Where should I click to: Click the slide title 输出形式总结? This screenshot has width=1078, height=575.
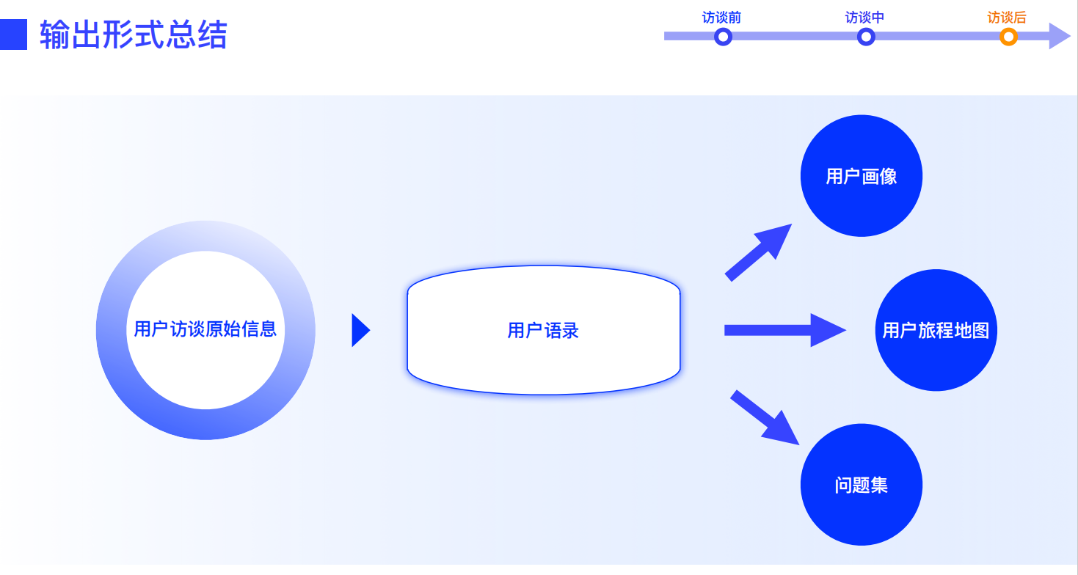click(x=134, y=34)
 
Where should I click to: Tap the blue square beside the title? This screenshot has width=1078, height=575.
click(x=13, y=34)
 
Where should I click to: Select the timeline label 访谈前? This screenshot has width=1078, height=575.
click(x=721, y=18)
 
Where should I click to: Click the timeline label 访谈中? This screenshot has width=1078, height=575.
click(x=864, y=18)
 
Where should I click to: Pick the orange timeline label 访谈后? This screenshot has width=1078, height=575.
click(x=1007, y=18)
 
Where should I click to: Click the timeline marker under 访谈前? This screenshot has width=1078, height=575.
click(x=723, y=37)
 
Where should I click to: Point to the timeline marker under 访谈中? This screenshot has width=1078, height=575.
click(x=866, y=37)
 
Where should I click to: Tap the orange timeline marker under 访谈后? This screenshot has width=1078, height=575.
click(x=1008, y=37)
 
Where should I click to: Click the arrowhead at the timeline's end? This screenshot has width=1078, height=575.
click(x=1059, y=36)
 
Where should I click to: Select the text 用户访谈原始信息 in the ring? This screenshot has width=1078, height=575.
click(x=205, y=329)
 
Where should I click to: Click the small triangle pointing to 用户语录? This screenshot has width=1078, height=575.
click(x=360, y=330)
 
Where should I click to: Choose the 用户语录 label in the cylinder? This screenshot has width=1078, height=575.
click(x=543, y=331)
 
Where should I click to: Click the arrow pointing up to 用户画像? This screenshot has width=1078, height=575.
click(x=757, y=252)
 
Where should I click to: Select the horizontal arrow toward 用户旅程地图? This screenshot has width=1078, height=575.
click(x=784, y=330)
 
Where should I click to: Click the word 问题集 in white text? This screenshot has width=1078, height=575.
click(x=861, y=486)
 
